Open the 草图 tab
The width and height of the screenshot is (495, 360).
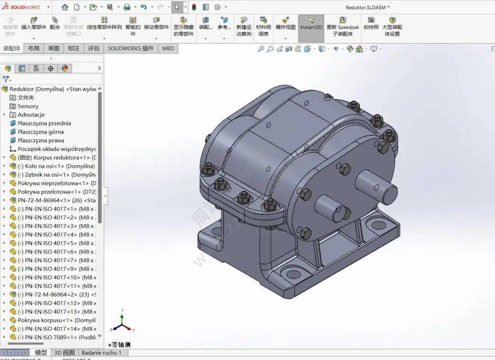(54, 48)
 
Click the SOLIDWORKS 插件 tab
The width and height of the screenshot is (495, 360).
(131, 48)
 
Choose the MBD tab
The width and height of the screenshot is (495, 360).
(168, 48)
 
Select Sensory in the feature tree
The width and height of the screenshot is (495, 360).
(28, 106)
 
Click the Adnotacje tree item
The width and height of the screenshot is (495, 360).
(31, 115)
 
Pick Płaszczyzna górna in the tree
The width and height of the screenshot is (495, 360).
(41, 132)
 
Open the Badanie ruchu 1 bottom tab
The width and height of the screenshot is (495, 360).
(101, 353)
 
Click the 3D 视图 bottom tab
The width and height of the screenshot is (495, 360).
(64, 353)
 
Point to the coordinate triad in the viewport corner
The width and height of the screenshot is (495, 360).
(121, 321)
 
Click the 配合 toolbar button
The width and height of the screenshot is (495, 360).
(55, 23)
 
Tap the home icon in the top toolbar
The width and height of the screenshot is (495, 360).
(65, 7)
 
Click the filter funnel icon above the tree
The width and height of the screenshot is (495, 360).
(6, 79)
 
